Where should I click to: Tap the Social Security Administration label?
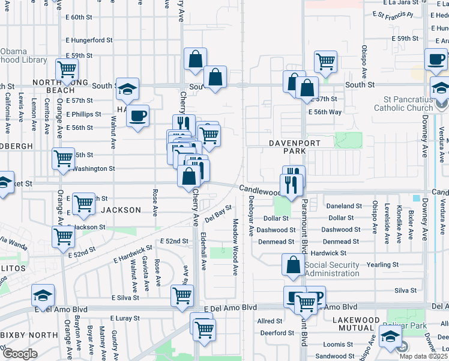tap(331, 269)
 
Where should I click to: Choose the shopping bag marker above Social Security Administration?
tap(293, 265)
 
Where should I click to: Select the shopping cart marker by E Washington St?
tap(63, 159)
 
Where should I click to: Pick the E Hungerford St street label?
tap(89, 40)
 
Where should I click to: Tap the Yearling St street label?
tap(382, 265)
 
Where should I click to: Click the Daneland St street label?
tap(344, 206)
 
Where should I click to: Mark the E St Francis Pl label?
tap(393, 14)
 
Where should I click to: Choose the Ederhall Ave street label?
tap(203, 251)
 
